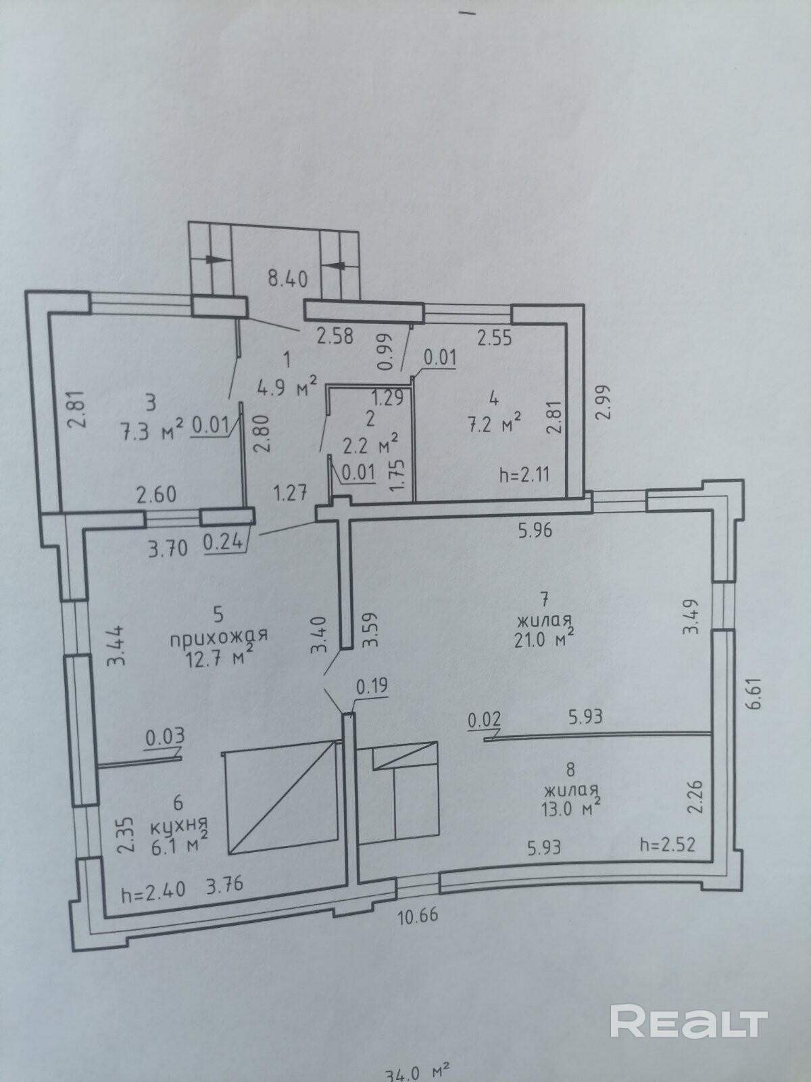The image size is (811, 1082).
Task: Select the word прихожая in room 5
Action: point(219,637)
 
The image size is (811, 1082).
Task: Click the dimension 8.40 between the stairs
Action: point(288,279)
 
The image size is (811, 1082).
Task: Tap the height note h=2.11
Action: point(524,475)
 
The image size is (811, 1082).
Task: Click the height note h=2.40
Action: point(153,891)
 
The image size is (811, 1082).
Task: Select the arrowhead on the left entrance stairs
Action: point(214,259)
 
